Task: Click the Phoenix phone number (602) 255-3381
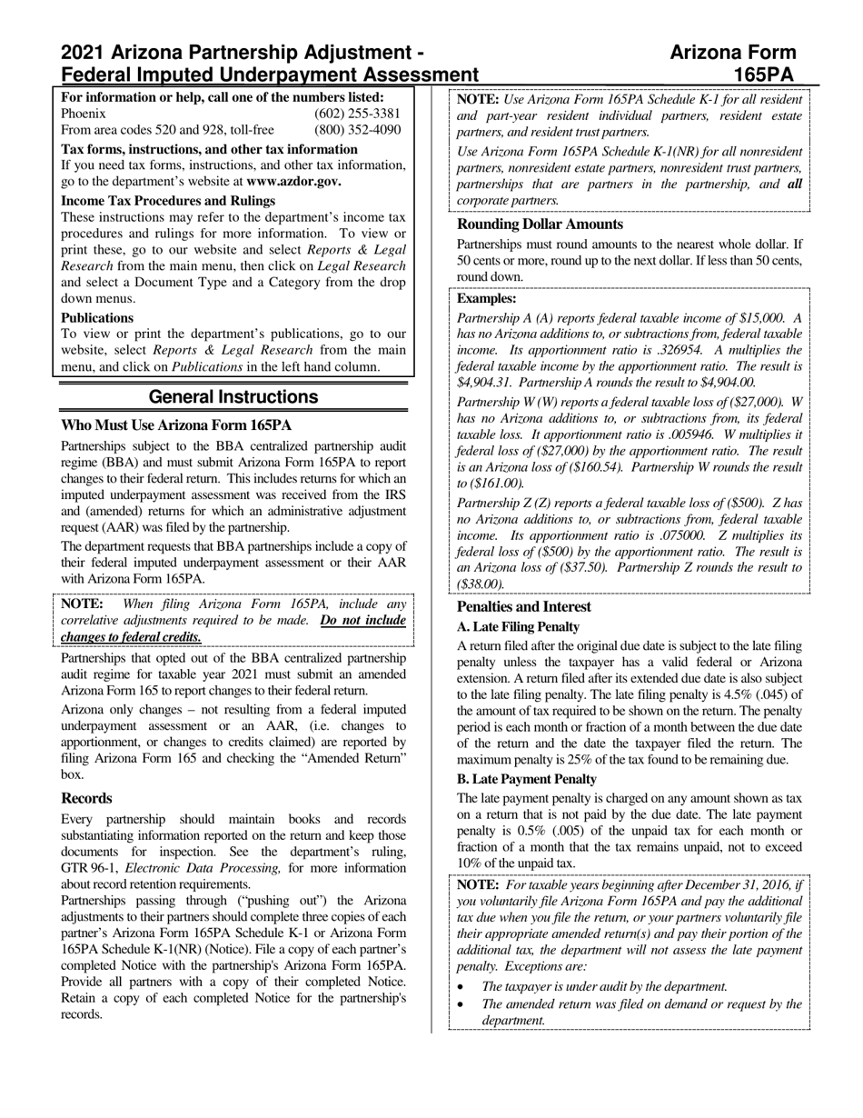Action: pyautogui.click(x=357, y=114)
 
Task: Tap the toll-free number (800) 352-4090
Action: pyautogui.click(x=357, y=130)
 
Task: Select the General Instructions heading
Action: pyautogui.click(x=233, y=397)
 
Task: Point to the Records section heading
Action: pyautogui.click(x=86, y=798)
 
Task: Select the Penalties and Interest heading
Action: pyautogui.click(x=523, y=606)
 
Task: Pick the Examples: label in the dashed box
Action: pyautogui.click(x=486, y=298)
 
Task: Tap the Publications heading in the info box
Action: pyautogui.click(x=97, y=318)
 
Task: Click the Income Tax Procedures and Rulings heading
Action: pyautogui.click(x=168, y=201)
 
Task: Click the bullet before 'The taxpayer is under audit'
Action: pyautogui.click(x=461, y=986)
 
